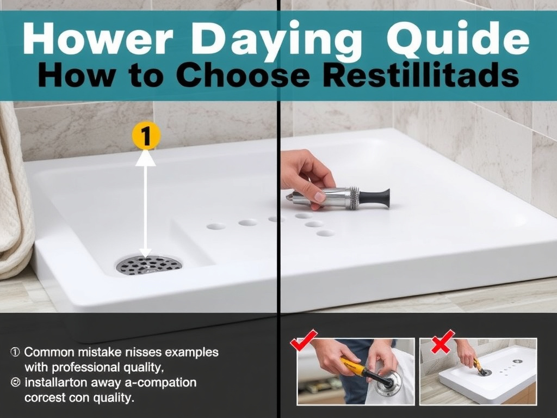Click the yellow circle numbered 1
coord(145,136)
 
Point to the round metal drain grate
coord(148,265)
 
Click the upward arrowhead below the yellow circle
coord(145,158)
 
